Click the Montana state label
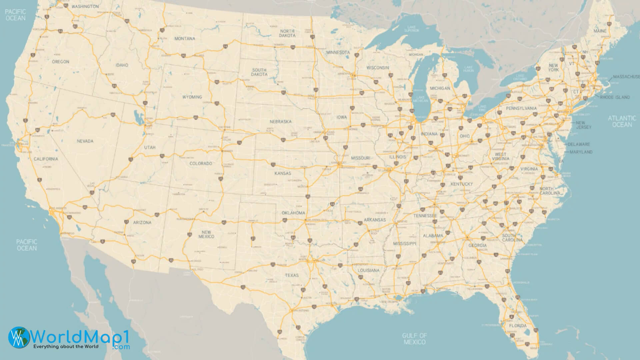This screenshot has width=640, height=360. (x=185, y=39)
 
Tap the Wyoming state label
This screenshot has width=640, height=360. (x=192, y=97)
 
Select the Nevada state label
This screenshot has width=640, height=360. (x=85, y=141)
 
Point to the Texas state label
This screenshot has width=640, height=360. (x=292, y=275)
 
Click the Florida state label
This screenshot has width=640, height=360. (x=518, y=326)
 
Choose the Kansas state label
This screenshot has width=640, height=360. (x=283, y=173)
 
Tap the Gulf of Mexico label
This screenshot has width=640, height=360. (x=414, y=339)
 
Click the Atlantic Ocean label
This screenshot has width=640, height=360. (x=622, y=121)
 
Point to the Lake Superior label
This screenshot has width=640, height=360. (x=411, y=29)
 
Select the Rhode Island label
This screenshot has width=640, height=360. (x=615, y=97)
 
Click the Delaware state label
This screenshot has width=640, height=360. (x=579, y=144)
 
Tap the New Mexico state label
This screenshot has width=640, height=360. (x=206, y=234)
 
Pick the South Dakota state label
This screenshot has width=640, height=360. (x=259, y=72)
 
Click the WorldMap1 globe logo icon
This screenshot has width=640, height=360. (x=19, y=337)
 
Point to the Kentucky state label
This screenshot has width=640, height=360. (x=462, y=184)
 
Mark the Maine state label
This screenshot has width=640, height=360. (x=600, y=31)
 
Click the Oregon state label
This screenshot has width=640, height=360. (x=61, y=62)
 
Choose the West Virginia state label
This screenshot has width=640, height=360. (x=500, y=157)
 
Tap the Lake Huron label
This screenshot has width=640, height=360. (x=468, y=69)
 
